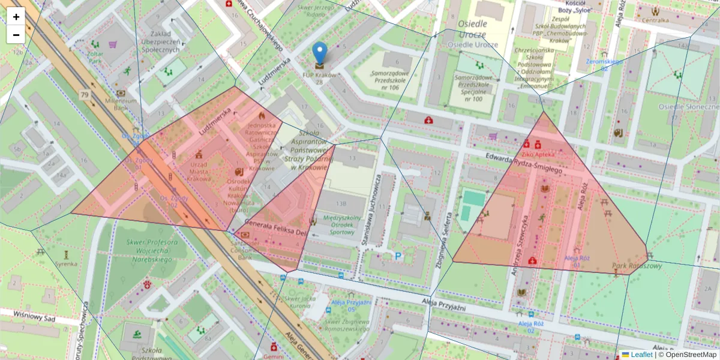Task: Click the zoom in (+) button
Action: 16,17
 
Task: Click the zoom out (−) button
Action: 16,35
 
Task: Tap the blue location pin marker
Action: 320,55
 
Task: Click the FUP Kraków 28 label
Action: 319,79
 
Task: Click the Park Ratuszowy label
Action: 637,265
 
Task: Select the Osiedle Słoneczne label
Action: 689,106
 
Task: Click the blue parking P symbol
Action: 397,256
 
